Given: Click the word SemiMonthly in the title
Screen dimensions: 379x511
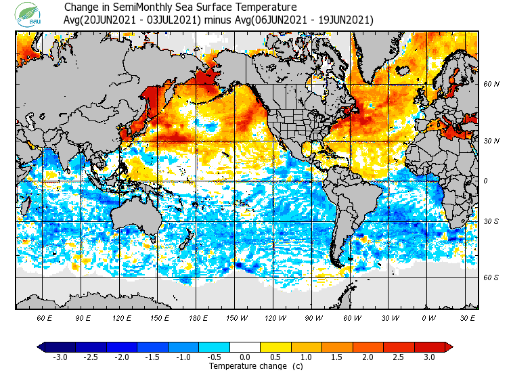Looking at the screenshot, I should [x=145, y=7].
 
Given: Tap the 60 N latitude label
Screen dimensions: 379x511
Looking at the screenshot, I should [x=491, y=85].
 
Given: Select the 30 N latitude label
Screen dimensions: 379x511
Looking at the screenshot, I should [x=491, y=141].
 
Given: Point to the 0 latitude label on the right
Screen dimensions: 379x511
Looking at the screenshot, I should [x=485, y=181].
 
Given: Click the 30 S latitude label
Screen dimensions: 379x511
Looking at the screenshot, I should [x=491, y=222].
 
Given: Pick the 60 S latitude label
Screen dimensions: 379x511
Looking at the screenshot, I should [x=491, y=278].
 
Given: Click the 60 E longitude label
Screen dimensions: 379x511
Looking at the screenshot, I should [x=45, y=317].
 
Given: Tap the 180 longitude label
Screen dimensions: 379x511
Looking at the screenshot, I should [x=198, y=317].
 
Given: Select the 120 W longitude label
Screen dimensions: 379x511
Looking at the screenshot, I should [x=274, y=317].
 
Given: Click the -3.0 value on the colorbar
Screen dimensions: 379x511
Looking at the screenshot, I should [x=60, y=357].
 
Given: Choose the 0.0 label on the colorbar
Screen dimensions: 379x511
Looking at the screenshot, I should [x=245, y=357].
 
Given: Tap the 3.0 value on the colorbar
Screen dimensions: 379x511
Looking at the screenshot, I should [x=429, y=357].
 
